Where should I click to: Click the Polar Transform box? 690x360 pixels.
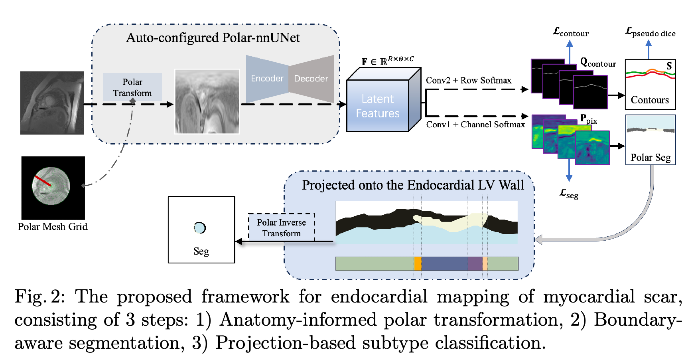[x=132, y=87]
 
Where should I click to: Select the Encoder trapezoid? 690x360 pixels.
[x=267, y=79]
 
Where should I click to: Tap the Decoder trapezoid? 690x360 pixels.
[x=311, y=79]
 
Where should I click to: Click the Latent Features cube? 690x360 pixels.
[x=378, y=106]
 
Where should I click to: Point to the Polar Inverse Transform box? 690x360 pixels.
[x=281, y=227]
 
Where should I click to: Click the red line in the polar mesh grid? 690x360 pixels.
[x=43, y=181]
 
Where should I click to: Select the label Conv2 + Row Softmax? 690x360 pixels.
[x=468, y=80]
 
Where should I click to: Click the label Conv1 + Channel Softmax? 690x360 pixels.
[x=475, y=125]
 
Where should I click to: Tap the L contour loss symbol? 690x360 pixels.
[x=570, y=32]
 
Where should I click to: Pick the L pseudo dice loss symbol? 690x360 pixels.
[x=650, y=32]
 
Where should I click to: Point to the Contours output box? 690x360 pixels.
[x=650, y=84]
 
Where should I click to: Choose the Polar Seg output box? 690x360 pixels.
[x=650, y=140]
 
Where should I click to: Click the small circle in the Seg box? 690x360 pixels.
[x=199, y=227]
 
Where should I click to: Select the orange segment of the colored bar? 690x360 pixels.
[x=418, y=264]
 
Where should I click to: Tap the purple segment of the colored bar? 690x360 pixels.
[x=475, y=264]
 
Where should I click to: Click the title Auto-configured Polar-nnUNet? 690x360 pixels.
[x=213, y=38]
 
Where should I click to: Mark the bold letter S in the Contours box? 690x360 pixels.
[x=669, y=66]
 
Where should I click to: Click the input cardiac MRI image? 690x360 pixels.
[x=52, y=103]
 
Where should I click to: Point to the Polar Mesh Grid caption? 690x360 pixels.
[x=53, y=227]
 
